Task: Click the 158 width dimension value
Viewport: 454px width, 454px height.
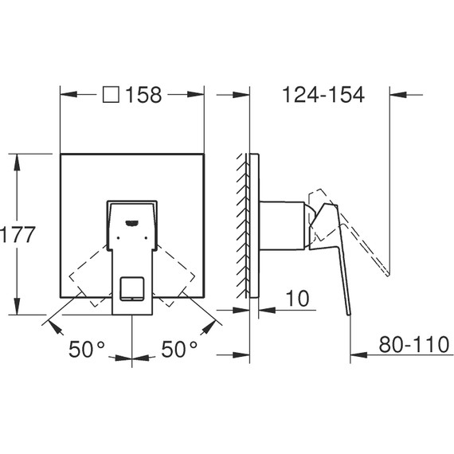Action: coord(144,95)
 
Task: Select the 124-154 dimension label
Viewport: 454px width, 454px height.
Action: coord(323,95)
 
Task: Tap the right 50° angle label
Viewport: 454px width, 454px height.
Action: coord(181,348)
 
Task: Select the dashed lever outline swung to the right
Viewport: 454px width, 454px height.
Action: coord(178,275)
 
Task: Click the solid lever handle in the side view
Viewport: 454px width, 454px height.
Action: coord(339,263)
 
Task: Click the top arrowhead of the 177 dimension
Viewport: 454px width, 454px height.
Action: coord(17,155)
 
